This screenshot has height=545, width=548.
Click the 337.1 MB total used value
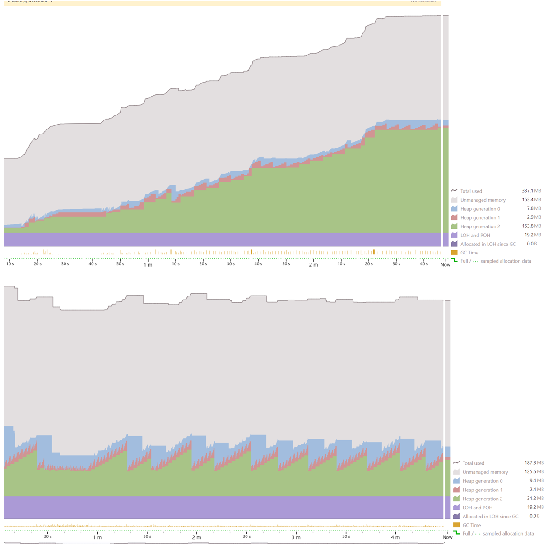(x=531, y=191)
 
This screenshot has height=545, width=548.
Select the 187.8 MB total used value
(x=534, y=463)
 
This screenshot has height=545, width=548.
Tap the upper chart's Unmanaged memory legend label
(x=483, y=200)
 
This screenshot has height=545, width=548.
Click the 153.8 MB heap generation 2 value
(x=531, y=226)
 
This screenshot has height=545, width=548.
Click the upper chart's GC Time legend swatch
(x=455, y=253)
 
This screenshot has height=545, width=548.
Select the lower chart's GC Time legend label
(x=471, y=525)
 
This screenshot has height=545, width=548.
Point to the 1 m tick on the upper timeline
(x=148, y=264)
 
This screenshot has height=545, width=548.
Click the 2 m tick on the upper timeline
(x=313, y=264)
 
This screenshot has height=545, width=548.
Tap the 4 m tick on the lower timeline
(x=395, y=537)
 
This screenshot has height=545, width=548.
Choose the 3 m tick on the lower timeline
(x=296, y=537)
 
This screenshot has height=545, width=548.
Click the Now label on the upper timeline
(x=445, y=264)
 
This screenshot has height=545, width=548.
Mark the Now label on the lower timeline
(x=447, y=537)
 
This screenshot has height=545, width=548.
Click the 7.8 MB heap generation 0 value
(x=534, y=208)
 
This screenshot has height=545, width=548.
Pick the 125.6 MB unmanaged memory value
(x=534, y=472)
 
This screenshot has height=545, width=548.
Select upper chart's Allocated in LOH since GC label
(x=488, y=244)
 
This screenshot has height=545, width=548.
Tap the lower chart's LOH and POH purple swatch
(x=456, y=508)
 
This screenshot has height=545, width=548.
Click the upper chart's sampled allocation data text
(x=506, y=261)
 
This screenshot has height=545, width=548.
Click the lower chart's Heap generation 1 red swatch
(x=456, y=490)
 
